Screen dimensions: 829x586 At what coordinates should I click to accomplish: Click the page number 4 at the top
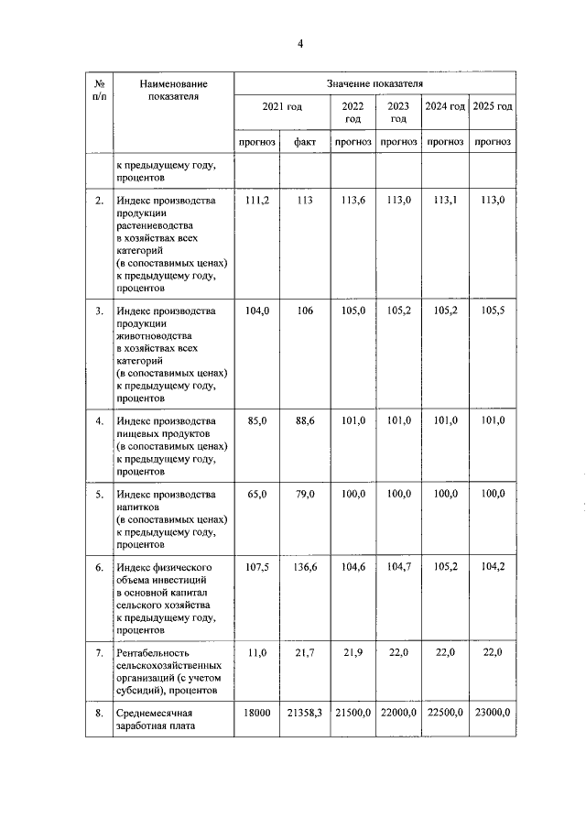point(299,43)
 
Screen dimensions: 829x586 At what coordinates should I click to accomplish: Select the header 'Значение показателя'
point(374,83)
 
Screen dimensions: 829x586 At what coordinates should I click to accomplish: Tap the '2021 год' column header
point(281,107)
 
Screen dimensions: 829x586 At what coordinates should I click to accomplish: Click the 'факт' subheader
point(305,142)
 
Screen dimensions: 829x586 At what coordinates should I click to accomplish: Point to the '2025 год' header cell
point(493,107)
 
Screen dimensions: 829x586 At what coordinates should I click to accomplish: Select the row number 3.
point(99,311)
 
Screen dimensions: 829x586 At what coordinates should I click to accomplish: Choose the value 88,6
point(305,420)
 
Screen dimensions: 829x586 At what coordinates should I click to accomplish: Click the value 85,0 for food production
point(257,420)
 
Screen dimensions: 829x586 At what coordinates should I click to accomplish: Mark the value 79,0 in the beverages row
point(305,494)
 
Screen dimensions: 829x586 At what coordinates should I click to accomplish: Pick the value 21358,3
point(305,712)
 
